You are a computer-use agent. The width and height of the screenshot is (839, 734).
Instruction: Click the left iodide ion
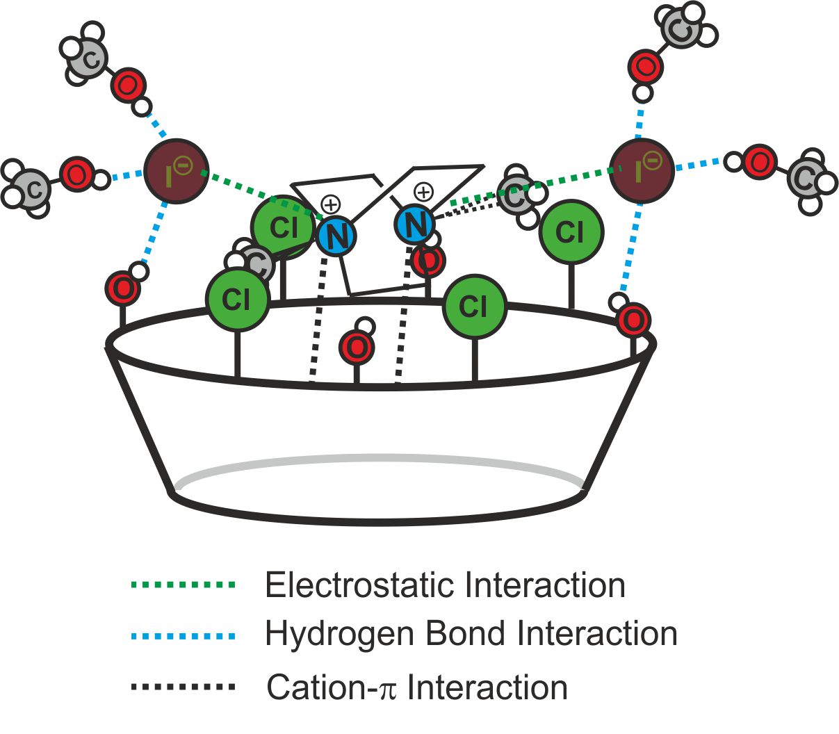(176, 171)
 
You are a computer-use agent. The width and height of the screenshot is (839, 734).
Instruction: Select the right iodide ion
(641, 171)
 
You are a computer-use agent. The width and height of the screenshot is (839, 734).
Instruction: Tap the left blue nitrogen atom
(336, 236)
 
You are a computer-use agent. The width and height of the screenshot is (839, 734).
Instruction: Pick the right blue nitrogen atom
(415, 224)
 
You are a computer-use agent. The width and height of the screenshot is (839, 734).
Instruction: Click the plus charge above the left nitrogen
(331, 204)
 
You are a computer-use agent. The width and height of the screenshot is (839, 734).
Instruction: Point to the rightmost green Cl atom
(571, 232)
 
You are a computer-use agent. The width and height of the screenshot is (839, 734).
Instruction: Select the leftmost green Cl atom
(236, 300)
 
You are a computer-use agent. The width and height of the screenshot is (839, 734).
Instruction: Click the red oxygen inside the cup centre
(357, 348)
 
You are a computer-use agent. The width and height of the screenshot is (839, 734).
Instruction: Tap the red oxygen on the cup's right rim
(633, 320)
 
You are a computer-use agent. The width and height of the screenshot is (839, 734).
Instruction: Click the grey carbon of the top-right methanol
(681, 28)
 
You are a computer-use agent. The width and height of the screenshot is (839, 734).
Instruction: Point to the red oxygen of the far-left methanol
(76, 174)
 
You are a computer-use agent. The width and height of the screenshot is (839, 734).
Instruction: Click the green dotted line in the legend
(183, 585)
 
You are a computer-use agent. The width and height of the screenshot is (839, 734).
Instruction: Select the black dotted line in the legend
(183, 687)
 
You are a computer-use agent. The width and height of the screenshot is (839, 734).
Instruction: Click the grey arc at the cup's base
(379, 459)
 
